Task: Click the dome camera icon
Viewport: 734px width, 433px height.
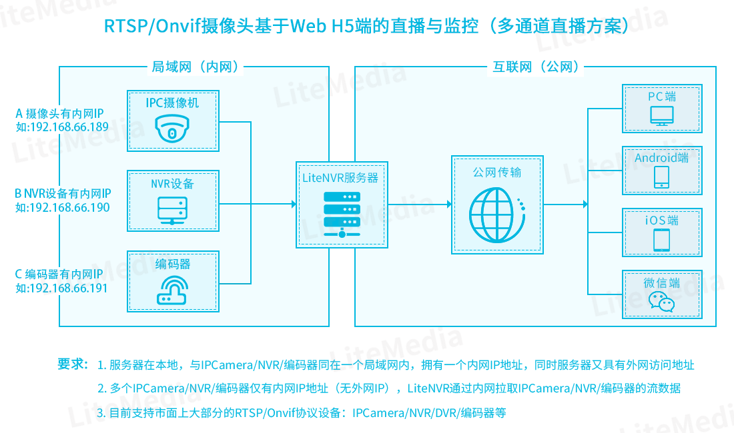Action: coord(173,129)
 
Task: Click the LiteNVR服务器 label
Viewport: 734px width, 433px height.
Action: coord(340,177)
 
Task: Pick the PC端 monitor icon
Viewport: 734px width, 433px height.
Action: coord(662,117)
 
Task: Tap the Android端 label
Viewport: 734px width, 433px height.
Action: coord(662,158)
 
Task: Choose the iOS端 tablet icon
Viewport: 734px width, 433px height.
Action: coord(662,239)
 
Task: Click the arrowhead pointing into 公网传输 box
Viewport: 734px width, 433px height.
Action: coord(448,204)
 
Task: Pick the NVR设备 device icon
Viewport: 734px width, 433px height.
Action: coord(173,211)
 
